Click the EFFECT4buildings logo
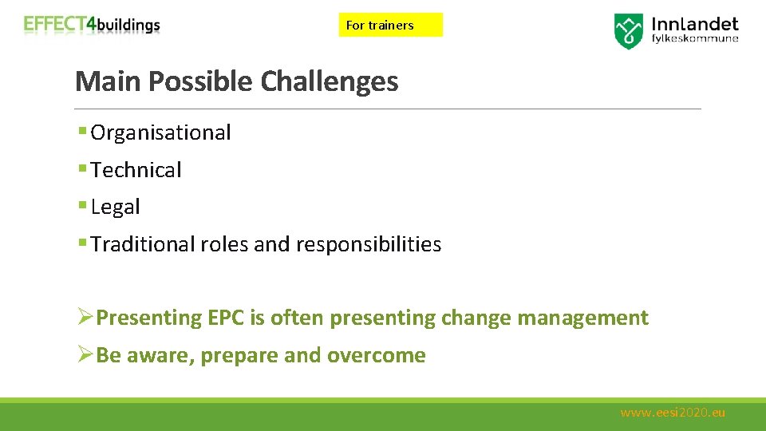pyautogui.click(x=92, y=25)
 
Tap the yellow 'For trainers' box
pyautogui.click(x=390, y=25)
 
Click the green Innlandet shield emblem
pyautogui.click(x=628, y=30)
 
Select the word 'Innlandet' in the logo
pyautogui.click(x=693, y=24)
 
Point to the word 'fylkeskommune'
pyautogui.click(x=695, y=38)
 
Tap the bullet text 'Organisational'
pyautogui.click(x=160, y=132)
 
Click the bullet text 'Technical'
pyautogui.click(x=136, y=169)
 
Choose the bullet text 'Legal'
pyautogui.click(x=116, y=207)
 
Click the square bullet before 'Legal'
pyautogui.click(x=83, y=207)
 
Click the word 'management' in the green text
pyautogui.click(x=582, y=318)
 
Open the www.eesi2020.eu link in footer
pyautogui.click(x=673, y=413)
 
